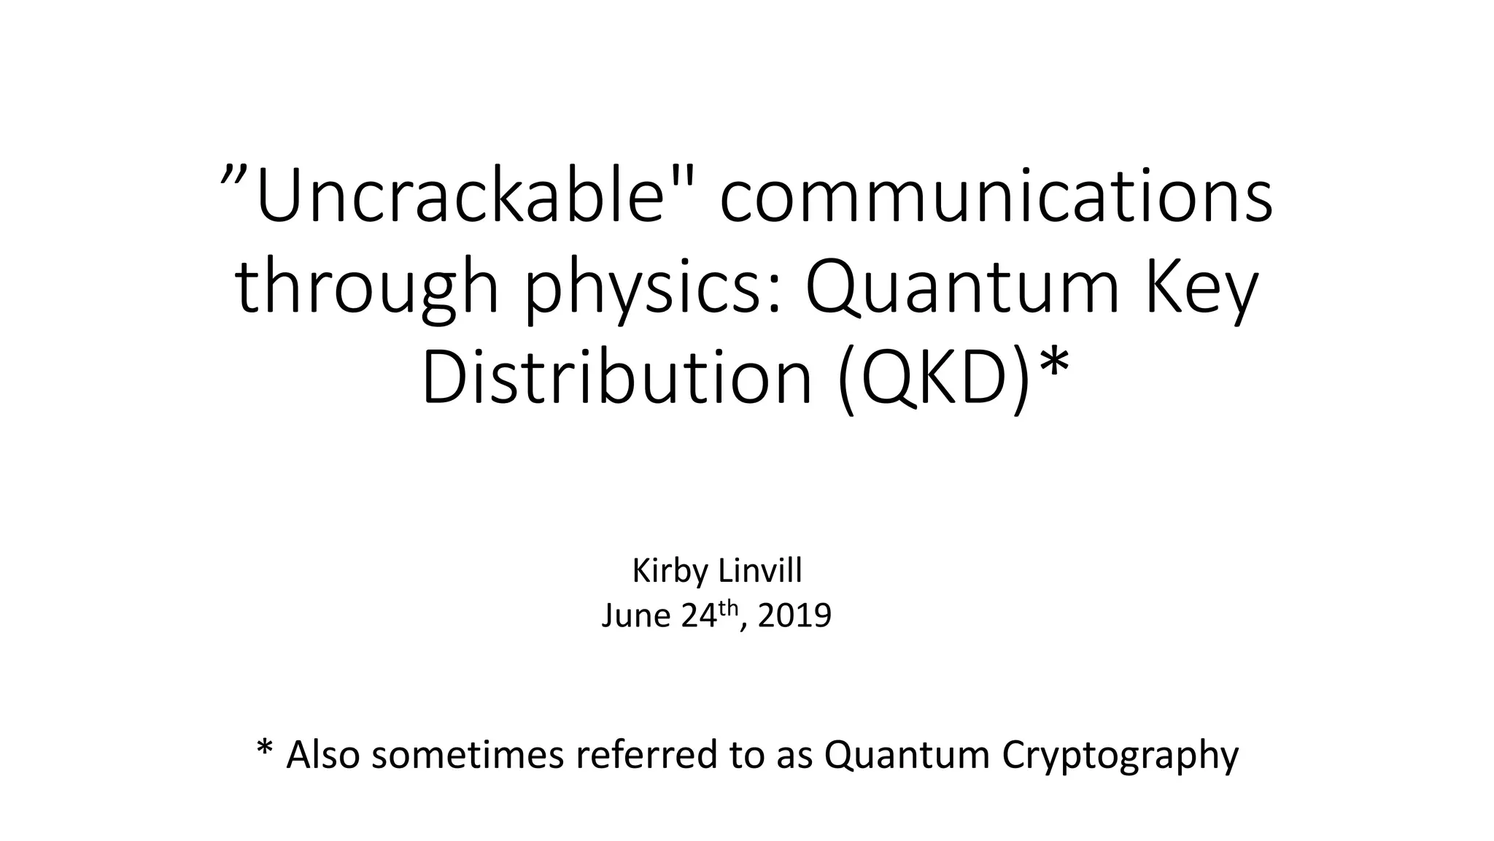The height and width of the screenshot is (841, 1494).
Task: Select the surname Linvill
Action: [x=760, y=571]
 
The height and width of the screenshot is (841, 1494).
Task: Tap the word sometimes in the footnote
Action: [x=468, y=755]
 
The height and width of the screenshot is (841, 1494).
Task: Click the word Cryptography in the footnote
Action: [x=1120, y=756]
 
